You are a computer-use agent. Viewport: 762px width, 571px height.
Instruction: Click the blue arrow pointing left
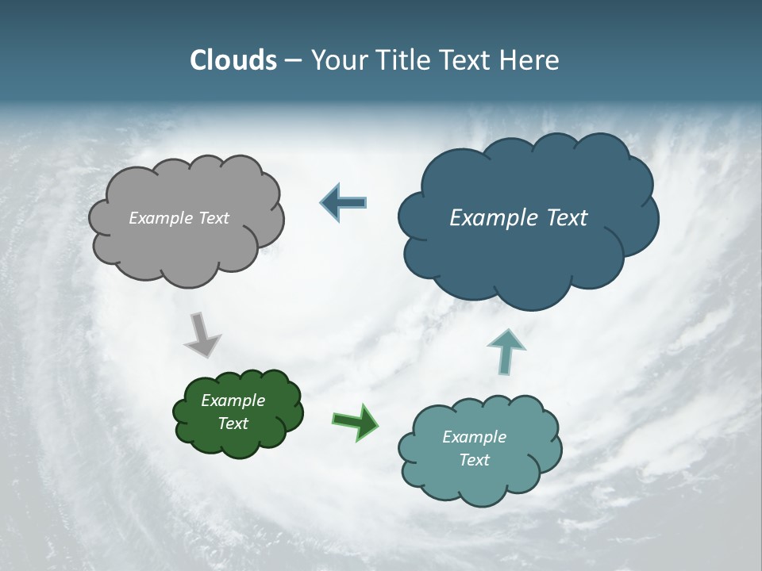[344, 202]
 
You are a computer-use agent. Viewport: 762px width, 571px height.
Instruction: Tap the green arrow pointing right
[356, 421]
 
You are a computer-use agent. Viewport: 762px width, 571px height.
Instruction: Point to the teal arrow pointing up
[506, 351]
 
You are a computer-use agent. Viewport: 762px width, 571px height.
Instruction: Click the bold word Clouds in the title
[233, 60]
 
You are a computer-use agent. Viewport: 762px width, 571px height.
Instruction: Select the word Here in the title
[531, 60]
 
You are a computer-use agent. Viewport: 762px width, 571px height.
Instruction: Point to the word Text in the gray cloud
[214, 218]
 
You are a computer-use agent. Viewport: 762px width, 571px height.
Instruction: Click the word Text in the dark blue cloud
[566, 218]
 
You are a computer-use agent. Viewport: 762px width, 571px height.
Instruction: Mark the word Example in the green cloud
[233, 400]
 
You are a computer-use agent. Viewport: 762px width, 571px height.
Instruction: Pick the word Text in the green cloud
[233, 423]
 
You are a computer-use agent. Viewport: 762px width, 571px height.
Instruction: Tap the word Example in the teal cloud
[474, 437]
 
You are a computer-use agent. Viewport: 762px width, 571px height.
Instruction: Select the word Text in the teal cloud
[474, 460]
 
